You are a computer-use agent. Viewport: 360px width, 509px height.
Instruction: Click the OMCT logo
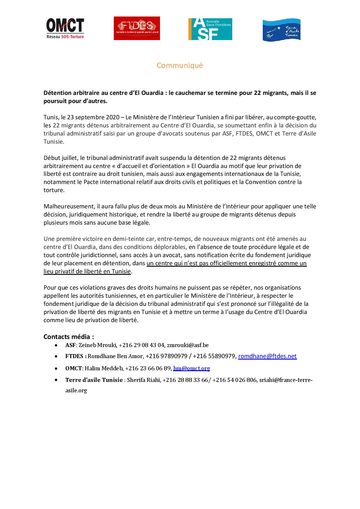tap(65, 28)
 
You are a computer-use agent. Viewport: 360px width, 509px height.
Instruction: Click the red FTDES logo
tap(137, 28)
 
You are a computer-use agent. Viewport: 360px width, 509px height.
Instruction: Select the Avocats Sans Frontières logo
tap(210, 29)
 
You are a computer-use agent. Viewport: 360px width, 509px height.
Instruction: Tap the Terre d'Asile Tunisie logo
tap(281, 30)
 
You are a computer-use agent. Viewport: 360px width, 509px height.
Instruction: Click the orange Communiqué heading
tap(180, 65)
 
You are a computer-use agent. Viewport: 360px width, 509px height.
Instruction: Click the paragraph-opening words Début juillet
tap(61, 158)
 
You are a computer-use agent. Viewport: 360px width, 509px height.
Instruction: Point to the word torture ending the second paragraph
tap(53, 190)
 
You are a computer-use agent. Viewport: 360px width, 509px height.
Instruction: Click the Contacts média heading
tap(69, 337)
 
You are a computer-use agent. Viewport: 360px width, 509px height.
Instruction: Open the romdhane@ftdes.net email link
tap(267, 356)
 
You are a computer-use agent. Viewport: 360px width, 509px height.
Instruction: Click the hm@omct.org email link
tap(192, 368)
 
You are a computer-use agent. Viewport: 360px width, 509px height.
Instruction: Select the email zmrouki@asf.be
tap(188, 345)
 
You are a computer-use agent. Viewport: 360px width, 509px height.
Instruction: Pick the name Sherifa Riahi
tap(144, 380)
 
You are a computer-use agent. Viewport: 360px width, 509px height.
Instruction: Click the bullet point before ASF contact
tap(56, 345)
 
